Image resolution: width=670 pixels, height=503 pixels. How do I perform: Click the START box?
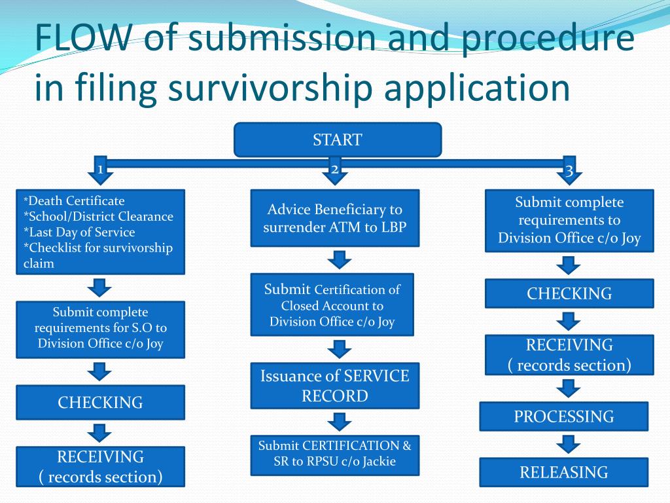click(338, 140)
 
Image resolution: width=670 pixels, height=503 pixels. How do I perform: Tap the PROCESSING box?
click(563, 417)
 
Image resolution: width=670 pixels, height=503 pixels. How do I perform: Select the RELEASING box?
click(563, 472)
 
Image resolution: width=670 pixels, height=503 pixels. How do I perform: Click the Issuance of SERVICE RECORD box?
click(334, 386)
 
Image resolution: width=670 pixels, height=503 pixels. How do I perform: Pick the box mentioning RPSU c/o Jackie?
click(334, 454)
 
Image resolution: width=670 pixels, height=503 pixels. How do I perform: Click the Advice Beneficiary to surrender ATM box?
click(334, 218)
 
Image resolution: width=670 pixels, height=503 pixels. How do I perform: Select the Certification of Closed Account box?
click(332, 305)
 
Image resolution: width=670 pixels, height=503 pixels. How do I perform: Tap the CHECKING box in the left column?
click(100, 402)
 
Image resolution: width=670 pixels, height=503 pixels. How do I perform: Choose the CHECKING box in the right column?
click(569, 293)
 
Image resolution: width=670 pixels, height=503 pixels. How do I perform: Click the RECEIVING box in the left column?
click(100, 466)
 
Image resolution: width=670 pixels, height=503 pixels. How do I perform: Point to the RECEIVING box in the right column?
click(569, 355)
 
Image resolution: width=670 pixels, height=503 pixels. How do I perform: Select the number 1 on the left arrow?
click(100, 170)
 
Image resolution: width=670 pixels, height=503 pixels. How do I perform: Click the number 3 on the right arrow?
click(569, 172)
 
